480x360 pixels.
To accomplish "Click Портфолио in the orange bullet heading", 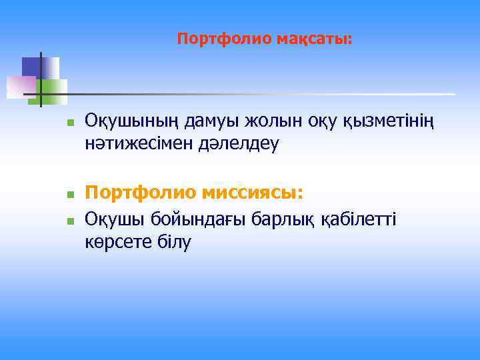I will [141, 193].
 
